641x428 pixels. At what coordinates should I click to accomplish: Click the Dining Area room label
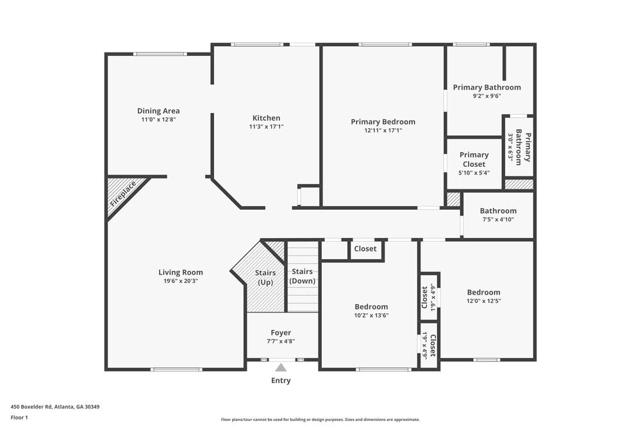[158, 111]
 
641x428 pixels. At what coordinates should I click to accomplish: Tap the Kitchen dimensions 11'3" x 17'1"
[266, 127]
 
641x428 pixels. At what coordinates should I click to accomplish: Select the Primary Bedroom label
[383, 122]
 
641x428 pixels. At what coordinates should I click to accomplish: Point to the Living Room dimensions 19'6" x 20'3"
[180, 281]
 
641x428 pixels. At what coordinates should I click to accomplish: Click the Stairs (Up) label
[265, 278]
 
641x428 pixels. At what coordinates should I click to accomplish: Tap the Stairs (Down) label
[303, 277]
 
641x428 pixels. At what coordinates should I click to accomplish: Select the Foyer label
[281, 332]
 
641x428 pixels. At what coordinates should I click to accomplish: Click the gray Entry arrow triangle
[281, 368]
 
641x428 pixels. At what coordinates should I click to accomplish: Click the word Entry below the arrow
[281, 381]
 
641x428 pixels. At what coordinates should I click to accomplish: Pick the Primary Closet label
[474, 159]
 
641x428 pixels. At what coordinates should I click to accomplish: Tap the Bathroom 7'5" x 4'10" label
[498, 215]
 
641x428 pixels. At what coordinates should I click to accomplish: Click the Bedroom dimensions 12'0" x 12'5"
[483, 301]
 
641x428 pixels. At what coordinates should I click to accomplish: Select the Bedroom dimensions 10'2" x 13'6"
[371, 315]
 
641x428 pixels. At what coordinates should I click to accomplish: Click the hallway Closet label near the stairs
[365, 249]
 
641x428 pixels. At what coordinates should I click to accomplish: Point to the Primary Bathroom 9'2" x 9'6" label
[487, 91]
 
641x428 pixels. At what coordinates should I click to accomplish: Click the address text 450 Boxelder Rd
[55, 406]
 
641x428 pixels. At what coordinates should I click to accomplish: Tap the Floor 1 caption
[19, 417]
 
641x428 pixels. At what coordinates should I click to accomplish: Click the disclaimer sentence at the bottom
[320, 419]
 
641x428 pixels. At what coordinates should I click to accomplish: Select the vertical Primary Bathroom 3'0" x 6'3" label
[519, 146]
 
